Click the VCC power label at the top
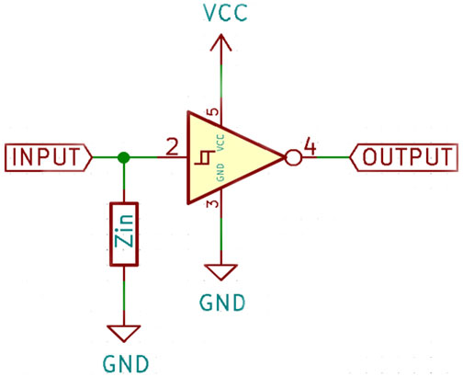(x=225, y=13)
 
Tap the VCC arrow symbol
(x=220, y=43)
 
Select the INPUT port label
(x=48, y=157)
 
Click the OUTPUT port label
(x=404, y=157)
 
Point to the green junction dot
(x=124, y=157)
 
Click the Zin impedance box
(x=124, y=234)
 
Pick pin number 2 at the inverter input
(x=172, y=147)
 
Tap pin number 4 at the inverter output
(x=310, y=147)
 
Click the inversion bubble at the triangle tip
(x=293, y=157)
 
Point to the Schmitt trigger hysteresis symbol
(x=205, y=157)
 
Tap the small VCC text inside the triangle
(x=220, y=143)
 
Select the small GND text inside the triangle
(x=220, y=172)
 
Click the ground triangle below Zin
(x=124, y=334)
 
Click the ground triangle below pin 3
(x=220, y=272)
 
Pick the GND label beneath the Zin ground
(x=126, y=364)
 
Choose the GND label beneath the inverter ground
(x=222, y=303)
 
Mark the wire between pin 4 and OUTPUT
(x=333, y=157)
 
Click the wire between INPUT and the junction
(x=105, y=157)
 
